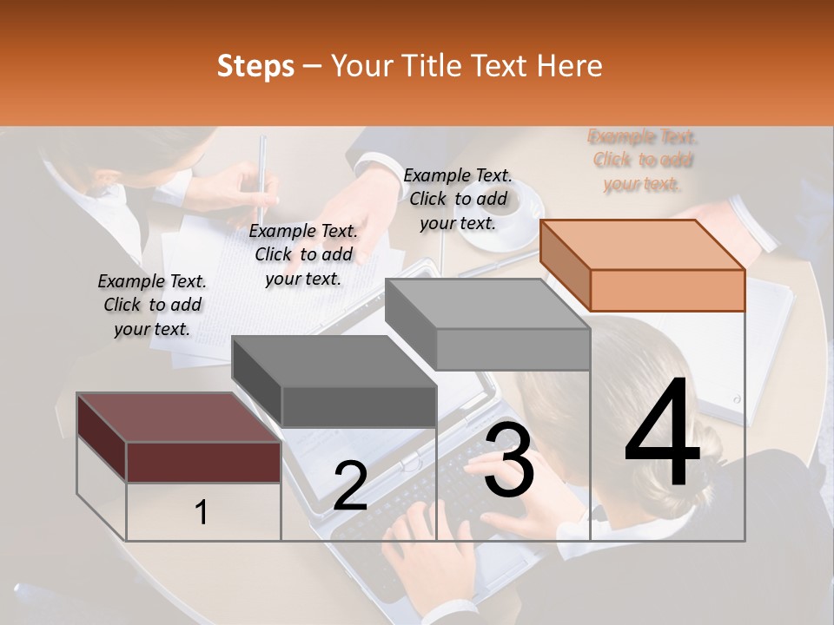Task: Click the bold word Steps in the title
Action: (x=255, y=67)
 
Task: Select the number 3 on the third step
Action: (x=509, y=462)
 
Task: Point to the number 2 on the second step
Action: (x=350, y=486)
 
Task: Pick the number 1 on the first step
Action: (x=202, y=513)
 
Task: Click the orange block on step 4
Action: (x=666, y=289)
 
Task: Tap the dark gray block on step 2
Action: (x=358, y=405)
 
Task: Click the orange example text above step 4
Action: (x=643, y=161)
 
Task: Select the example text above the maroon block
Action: (x=152, y=305)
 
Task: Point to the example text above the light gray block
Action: (x=458, y=199)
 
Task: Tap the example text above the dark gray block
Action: (x=303, y=254)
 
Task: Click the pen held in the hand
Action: (x=262, y=174)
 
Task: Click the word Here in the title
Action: (x=571, y=66)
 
